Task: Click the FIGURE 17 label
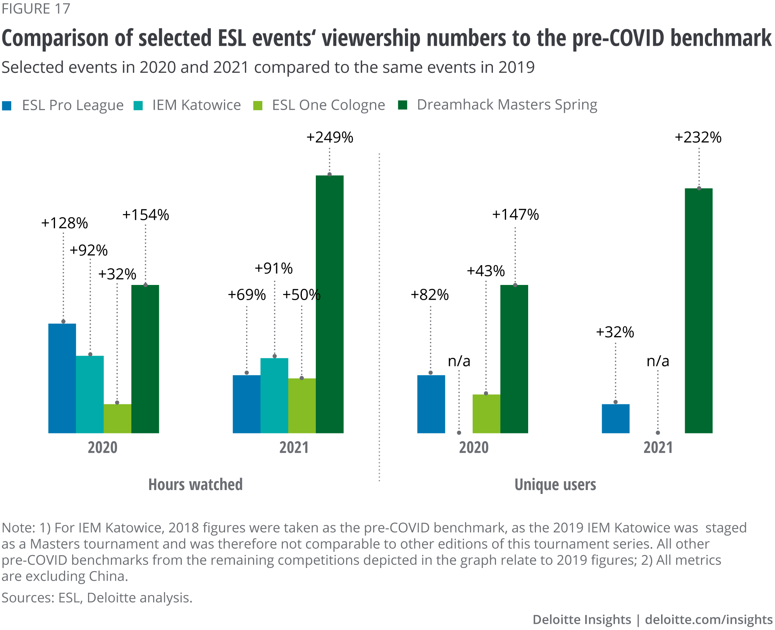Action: point(36,9)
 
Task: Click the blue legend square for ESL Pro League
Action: point(7,106)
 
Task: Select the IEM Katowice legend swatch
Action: point(138,106)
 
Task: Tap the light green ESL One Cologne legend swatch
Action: point(258,106)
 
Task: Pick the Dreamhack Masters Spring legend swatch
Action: point(403,105)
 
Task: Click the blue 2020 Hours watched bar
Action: point(62,378)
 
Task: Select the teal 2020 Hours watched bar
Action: point(90,394)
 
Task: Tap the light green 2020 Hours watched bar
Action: point(117,418)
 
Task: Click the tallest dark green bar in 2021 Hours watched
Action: point(330,304)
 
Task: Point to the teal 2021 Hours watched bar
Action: point(274,395)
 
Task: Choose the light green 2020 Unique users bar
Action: point(486,414)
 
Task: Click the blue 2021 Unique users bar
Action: point(616,418)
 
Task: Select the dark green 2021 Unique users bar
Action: point(699,311)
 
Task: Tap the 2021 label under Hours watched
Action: point(294,448)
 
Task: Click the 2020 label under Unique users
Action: point(474,448)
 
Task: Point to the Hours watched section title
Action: point(195,485)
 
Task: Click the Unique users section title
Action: point(555,485)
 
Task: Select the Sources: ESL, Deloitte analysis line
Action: point(97,598)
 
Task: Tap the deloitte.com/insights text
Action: point(709,620)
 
